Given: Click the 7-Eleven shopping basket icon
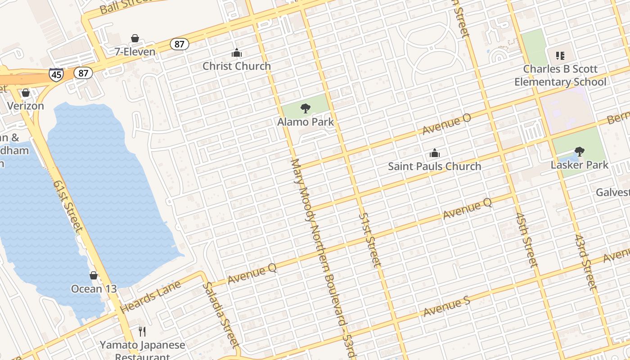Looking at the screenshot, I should (135, 39).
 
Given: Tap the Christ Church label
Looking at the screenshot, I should (237, 66).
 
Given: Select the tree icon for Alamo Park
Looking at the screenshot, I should (305, 108).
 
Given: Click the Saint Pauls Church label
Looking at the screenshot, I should (434, 166).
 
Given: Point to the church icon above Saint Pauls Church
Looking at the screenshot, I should (434, 153).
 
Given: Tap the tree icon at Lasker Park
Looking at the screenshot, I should (580, 152).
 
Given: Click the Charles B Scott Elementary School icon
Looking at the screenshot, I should (560, 56).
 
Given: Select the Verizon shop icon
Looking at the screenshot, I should (26, 93).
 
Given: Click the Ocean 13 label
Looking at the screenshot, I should (94, 289).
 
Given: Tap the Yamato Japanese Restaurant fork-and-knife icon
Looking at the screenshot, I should (142, 332).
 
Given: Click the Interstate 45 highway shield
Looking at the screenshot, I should (56, 74).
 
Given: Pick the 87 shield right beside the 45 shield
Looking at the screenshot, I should (83, 72).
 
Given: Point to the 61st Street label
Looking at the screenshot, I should (67, 206).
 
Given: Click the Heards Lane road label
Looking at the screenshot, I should (151, 297).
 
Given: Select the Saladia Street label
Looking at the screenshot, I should (219, 315).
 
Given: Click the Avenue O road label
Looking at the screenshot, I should (446, 124).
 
